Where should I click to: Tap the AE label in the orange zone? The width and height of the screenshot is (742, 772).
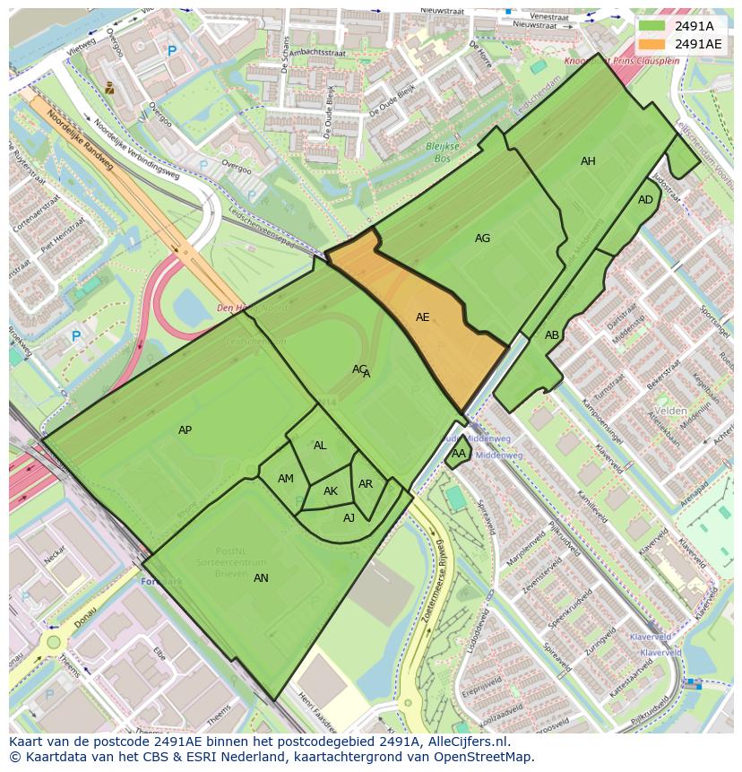(x=423, y=317)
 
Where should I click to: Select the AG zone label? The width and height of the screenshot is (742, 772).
(x=482, y=239)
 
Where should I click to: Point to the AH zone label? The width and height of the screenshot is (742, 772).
(x=588, y=161)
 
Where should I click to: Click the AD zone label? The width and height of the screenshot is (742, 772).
(x=645, y=200)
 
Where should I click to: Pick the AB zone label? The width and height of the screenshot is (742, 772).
(x=552, y=335)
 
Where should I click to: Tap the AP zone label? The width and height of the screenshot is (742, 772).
(x=185, y=430)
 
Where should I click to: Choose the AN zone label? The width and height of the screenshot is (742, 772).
(x=261, y=578)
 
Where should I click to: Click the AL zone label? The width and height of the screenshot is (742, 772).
(x=320, y=446)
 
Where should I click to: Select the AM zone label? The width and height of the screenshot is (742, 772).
(x=286, y=479)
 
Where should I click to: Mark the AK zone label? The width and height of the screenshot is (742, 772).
(x=331, y=491)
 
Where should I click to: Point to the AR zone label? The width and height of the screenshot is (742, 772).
(x=366, y=484)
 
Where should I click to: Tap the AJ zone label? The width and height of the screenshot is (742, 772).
(x=349, y=517)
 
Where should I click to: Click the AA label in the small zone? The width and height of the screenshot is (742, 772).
(x=458, y=454)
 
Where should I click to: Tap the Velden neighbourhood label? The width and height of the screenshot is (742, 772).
(x=670, y=411)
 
